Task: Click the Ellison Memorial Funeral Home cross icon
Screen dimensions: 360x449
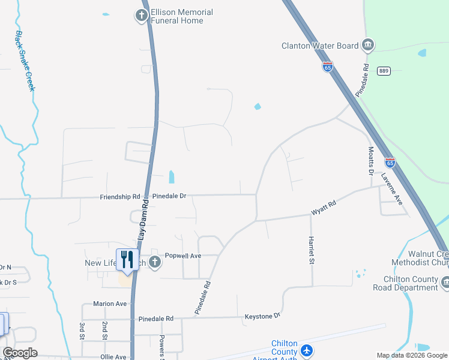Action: pyautogui.click(x=142, y=16)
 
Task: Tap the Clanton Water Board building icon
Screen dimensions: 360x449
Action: pyautogui.click(x=368, y=45)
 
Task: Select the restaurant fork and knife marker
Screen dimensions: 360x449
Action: pyautogui.click(x=127, y=259)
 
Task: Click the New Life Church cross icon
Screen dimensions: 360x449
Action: pyautogui.click(x=155, y=262)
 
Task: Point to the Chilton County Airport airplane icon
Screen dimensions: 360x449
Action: pyautogui.click(x=307, y=350)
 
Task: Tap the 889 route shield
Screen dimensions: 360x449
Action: pyautogui.click(x=384, y=71)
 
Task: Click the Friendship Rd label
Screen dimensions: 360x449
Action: pyautogui.click(x=120, y=196)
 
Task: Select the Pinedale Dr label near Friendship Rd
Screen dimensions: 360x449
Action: pyautogui.click(x=169, y=196)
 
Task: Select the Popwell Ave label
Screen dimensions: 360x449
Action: pyautogui.click(x=182, y=256)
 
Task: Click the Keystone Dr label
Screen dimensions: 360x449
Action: pyautogui.click(x=262, y=316)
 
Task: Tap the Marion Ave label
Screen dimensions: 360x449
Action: pyautogui.click(x=110, y=304)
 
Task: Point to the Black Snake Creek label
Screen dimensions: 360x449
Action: pyautogui.click(x=25, y=61)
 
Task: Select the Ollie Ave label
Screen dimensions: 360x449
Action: pyautogui.click(x=113, y=357)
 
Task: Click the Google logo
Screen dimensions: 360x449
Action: pyautogui.click(x=20, y=353)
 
